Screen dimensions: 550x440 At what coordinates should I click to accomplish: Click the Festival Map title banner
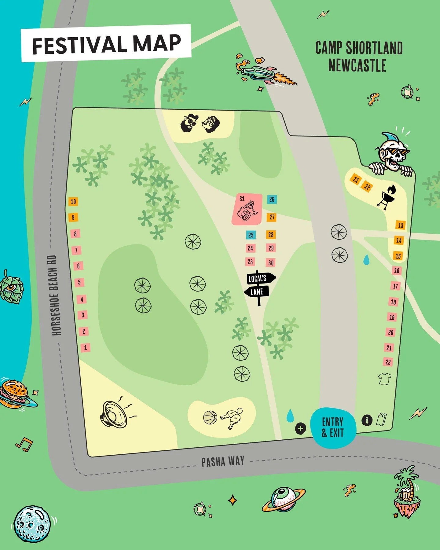tap(106, 43)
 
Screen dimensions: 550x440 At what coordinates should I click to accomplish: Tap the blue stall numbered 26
tap(272, 200)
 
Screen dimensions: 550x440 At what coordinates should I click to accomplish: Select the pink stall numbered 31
tap(247, 209)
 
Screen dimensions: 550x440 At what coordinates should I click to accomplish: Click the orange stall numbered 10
tap(73, 202)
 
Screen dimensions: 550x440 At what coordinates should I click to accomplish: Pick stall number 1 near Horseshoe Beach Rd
tap(86, 347)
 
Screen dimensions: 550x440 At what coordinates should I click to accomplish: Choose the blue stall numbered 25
tap(251, 235)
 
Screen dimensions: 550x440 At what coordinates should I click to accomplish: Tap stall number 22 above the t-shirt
tap(388, 362)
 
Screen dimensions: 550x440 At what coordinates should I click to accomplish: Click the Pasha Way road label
tap(223, 462)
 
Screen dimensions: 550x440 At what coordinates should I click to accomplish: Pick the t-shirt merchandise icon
tap(384, 379)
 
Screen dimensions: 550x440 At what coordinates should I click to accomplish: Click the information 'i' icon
tap(367, 420)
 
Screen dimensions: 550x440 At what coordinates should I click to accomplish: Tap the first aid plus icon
tap(300, 428)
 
